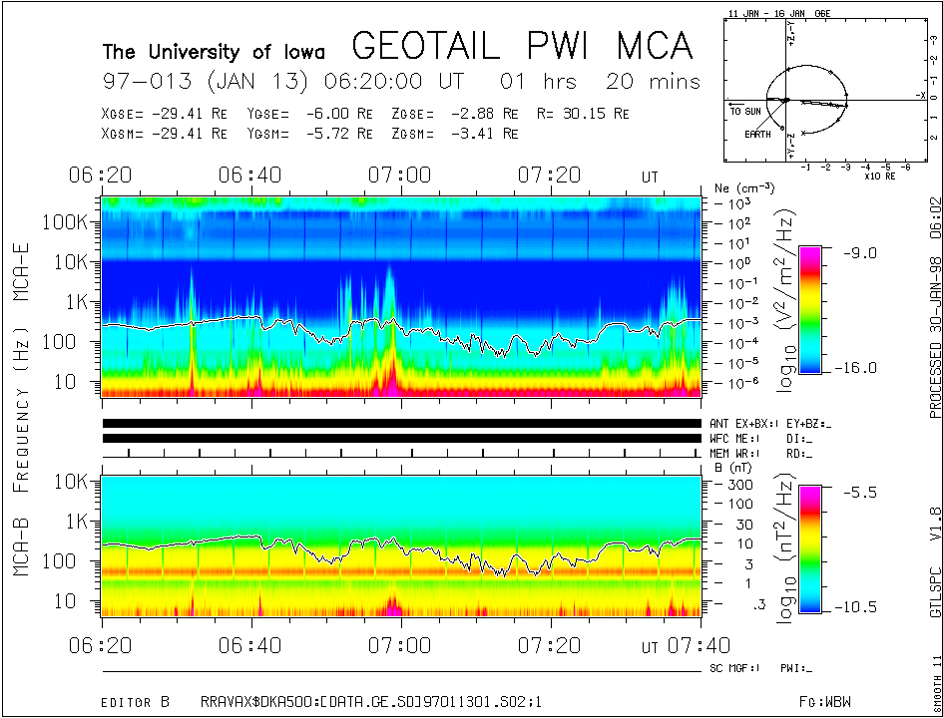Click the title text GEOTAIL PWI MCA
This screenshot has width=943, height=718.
coord(522,46)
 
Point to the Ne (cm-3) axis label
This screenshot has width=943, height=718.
coord(736,187)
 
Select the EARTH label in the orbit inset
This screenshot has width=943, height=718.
coord(757,135)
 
